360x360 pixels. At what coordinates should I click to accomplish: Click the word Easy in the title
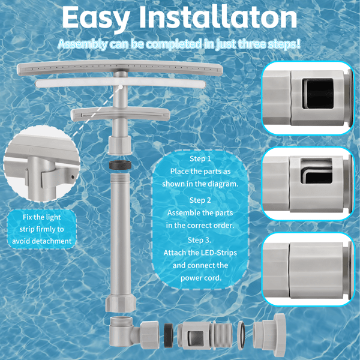click(x=96, y=18)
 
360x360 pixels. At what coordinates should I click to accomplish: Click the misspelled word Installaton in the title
click(x=218, y=17)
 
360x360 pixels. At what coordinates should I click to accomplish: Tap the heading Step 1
click(x=200, y=158)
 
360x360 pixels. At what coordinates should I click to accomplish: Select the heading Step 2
click(x=200, y=200)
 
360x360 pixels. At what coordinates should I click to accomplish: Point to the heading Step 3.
click(x=200, y=240)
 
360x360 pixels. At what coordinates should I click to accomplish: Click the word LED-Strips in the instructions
click(x=219, y=253)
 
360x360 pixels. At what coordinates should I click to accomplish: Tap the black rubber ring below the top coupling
click(x=120, y=165)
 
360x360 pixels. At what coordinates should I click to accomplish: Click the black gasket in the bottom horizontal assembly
click(x=169, y=335)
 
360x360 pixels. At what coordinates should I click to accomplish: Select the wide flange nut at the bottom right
click(x=269, y=332)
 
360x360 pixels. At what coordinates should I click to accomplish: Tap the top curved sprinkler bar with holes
click(x=120, y=68)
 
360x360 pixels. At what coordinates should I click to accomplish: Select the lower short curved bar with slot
click(x=121, y=114)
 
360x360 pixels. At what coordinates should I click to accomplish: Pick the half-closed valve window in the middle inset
click(x=316, y=171)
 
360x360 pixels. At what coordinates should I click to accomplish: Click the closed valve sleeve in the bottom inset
click(x=316, y=271)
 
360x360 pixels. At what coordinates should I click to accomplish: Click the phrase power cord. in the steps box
click(x=201, y=278)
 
